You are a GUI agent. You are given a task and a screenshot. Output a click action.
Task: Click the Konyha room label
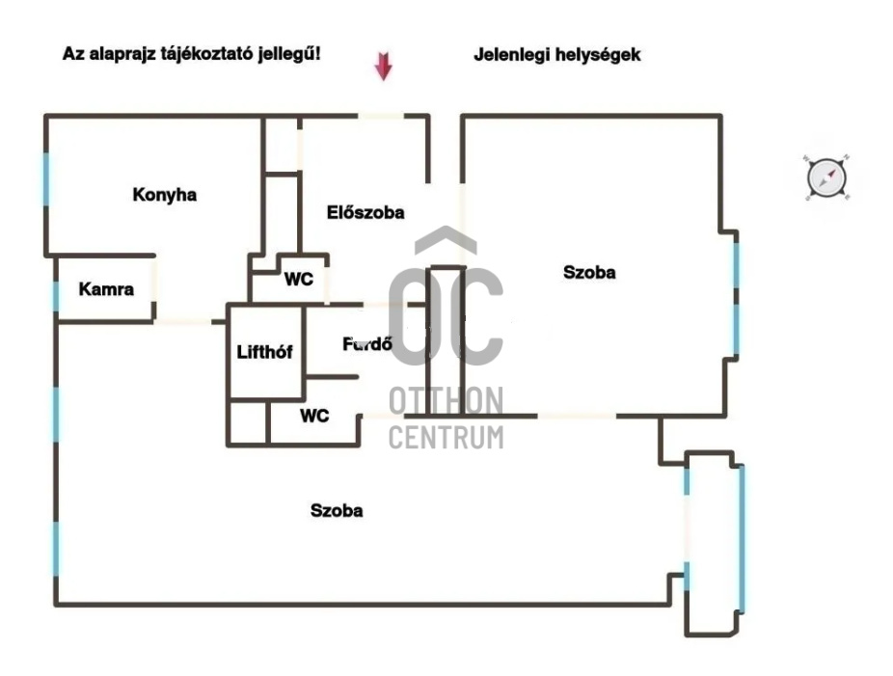(x=164, y=195)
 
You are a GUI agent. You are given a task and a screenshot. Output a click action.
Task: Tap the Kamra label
(x=106, y=288)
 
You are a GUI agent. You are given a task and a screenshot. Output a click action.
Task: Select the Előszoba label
(x=365, y=212)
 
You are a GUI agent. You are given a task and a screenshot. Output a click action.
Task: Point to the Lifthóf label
(x=264, y=352)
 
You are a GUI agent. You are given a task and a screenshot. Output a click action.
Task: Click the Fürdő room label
(x=366, y=343)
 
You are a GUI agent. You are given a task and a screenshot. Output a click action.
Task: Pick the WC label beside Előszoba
(x=298, y=280)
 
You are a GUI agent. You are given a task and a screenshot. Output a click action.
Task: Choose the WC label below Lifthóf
(x=314, y=416)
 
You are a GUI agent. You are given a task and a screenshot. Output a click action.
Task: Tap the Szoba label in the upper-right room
(x=589, y=273)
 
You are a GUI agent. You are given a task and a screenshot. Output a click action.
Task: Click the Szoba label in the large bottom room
(x=337, y=510)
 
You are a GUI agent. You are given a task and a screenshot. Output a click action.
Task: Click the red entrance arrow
(x=384, y=67)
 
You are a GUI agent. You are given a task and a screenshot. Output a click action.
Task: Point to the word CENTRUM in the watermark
(x=446, y=437)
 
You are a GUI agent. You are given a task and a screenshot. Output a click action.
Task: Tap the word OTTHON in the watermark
(x=446, y=401)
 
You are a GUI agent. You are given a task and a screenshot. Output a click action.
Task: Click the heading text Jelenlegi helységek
(x=556, y=55)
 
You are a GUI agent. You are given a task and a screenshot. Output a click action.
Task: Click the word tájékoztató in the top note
(x=212, y=55)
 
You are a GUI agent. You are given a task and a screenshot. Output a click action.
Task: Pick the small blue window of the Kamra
(x=55, y=296)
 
